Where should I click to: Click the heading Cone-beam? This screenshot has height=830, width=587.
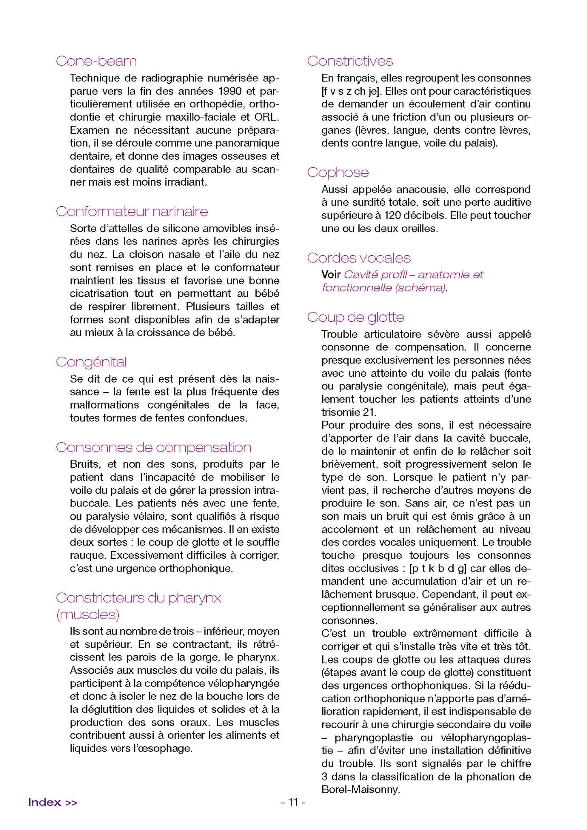pos(96,61)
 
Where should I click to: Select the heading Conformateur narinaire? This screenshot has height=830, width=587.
pos(132,212)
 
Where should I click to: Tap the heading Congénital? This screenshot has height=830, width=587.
pos(91,362)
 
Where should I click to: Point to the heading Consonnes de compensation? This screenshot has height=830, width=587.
pos(153,447)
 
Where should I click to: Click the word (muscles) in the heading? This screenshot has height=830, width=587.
pos(88,615)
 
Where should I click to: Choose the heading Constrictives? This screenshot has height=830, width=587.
pos(350,61)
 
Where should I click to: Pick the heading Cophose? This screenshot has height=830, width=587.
pos(338,173)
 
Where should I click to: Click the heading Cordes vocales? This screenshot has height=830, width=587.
pos(359,258)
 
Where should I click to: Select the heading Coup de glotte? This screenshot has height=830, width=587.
pos(356,317)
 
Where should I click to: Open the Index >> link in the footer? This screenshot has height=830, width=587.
pos(53,802)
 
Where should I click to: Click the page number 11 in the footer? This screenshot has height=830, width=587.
pos(293,802)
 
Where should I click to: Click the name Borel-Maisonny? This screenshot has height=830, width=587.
pos(360,789)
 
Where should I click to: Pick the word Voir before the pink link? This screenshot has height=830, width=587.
pos(331,275)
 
